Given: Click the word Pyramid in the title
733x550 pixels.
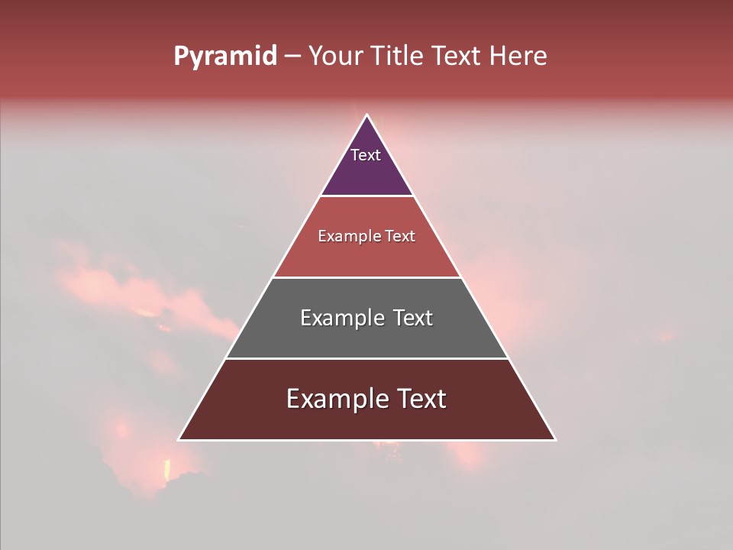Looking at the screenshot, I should (x=225, y=57).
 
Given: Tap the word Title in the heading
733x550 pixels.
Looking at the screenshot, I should (x=398, y=57).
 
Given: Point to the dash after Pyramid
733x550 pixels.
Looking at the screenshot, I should (x=292, y=57).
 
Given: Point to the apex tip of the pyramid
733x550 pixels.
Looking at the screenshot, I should (x=366, y=116).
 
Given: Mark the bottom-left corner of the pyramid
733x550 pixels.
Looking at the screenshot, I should (x=179, y=439).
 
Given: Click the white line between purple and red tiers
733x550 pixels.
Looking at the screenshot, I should (x=366, y=196).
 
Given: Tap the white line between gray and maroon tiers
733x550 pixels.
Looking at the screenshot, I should (x=366, y=358).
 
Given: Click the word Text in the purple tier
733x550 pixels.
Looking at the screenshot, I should (x=366, y=155).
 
